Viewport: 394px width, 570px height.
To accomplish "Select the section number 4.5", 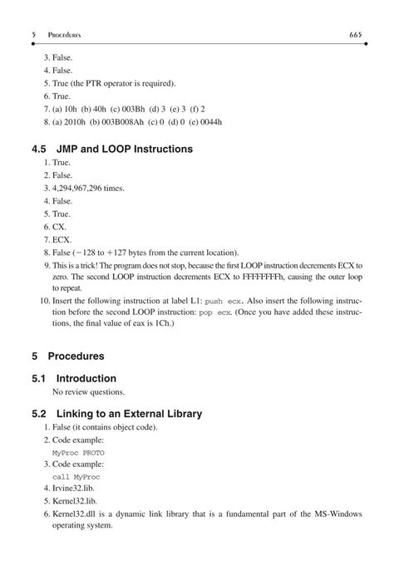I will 40,150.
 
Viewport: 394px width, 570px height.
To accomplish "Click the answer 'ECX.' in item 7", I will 62,239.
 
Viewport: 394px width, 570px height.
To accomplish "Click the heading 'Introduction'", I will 86,378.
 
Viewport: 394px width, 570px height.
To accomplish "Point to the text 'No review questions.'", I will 89,391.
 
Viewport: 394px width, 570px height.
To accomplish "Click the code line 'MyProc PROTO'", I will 78,452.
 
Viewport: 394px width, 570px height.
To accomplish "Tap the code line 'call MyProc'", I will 76,477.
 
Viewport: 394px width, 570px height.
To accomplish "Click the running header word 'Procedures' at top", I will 63,34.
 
